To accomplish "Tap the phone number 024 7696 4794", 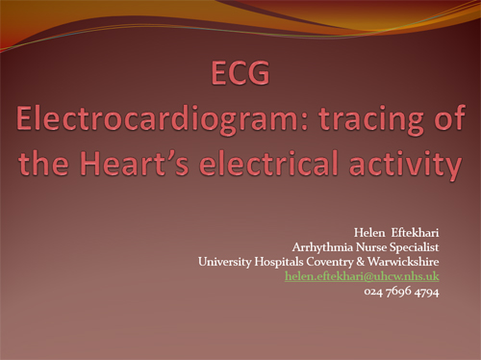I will pyautogui.click(x=402, y=291).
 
